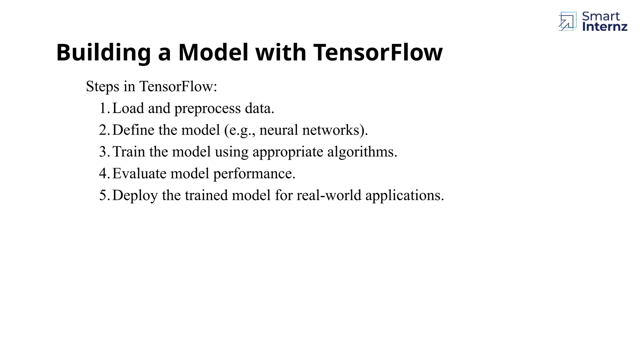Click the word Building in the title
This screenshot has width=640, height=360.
pos(103,52)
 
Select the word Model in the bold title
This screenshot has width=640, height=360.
pos(213,52)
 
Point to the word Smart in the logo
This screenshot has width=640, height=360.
pos(601,16)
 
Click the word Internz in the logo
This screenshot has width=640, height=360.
pos(605,27)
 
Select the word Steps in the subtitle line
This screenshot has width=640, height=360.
pos(102,87)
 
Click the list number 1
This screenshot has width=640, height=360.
pos(104,108)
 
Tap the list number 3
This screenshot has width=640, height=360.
pos(104,152)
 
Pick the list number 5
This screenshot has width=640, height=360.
pos(104,195)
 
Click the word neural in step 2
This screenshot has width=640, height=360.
pos(278,130)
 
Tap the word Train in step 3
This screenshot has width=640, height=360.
pos(129,152)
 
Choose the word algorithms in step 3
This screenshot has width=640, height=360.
pos(362,152)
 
